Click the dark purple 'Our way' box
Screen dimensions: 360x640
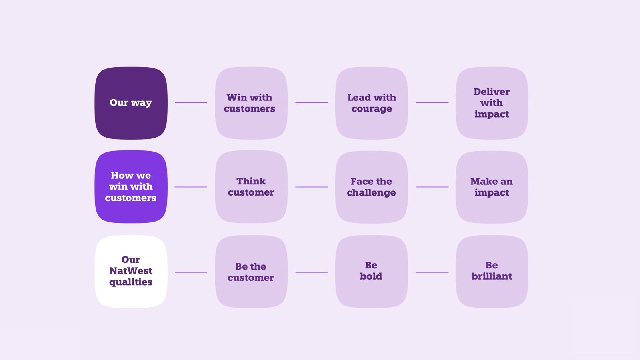pyautogui.click(x=131, y=103)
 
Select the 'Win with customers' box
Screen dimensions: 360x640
pyautogui.click(x=251, y=103)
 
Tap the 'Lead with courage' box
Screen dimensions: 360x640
pyautogui.click(x=372, y=103)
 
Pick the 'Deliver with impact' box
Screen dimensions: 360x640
pyautogui.click(x=492, y=103)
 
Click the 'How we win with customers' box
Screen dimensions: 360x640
pyautogui.click(x=131, y=187)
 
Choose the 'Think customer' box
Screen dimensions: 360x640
pyautogui.click(x=251, y=187)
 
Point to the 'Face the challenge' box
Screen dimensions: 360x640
pyautogui.click(x=372, y=187)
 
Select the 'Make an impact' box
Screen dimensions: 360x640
pyautogui.click(x=492, y=187)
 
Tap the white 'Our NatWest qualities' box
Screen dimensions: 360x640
pyautogui.click(x=131, y=272)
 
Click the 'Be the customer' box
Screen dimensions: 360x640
pyautogui.click(x=251, y=272)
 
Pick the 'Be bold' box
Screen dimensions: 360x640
pyautogui.click(x=372, y=272)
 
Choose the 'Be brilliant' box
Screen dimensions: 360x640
pyautogui.click(x=492, y=272)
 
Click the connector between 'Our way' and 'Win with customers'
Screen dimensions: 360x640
pyautogui.click(x=191, y=103)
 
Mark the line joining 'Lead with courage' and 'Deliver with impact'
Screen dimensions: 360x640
pyautogui.click(x=432, y=103)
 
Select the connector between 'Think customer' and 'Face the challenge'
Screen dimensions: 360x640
pyautogui.click(x=311, y=187)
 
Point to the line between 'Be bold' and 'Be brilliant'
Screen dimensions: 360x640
pyautogui.click(x=432, y=272)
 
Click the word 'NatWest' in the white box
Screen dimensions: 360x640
pyautogui.click(x=131, y=271)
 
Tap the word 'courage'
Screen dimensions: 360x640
pyautogui.click(x=372, y=109)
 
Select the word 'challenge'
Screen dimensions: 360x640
pyautogui.click(x=371, y=193)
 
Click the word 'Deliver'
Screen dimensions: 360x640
pyautogui.click(x=492, y=92)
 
